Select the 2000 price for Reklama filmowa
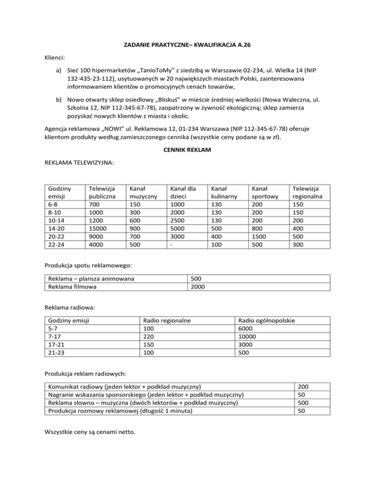[198, 287]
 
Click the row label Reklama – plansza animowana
[91, 279]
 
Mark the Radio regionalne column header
[166, 320]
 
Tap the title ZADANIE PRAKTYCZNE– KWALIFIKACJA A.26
[187, 48]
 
